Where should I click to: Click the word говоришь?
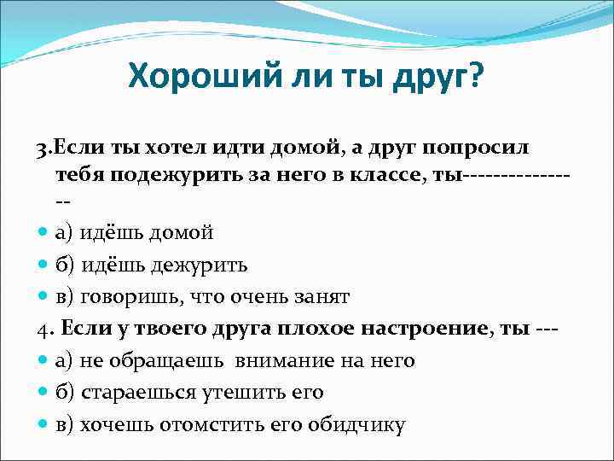coord(137,296)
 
